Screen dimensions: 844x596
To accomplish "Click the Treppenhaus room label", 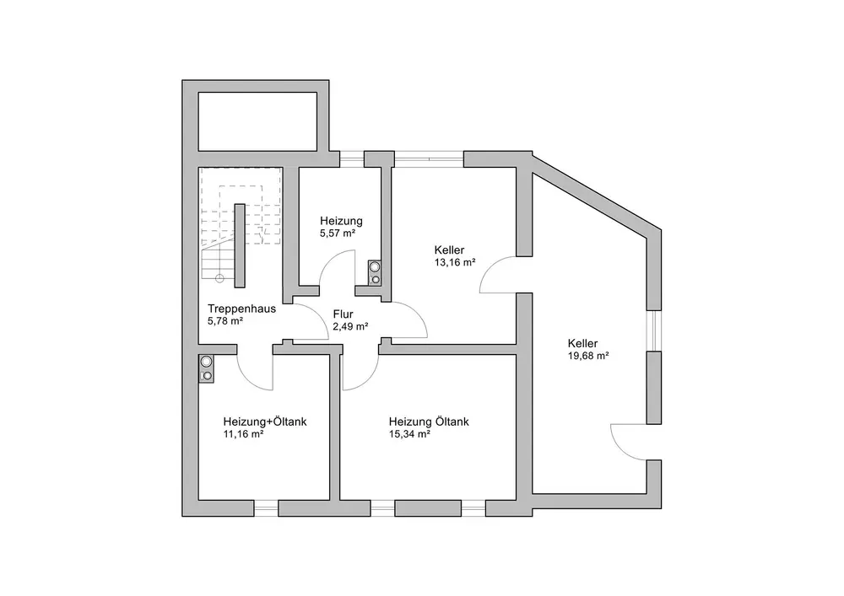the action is point(241,309).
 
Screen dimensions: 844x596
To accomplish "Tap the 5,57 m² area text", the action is point(338,234).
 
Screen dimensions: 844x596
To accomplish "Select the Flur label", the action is point(343,314).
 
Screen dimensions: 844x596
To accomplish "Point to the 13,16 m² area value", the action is point(455,263).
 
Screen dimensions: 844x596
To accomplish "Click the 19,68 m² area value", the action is point(588,356).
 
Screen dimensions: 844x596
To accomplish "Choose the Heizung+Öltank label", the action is point(265,421).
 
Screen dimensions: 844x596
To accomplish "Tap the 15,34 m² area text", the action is point(409,434).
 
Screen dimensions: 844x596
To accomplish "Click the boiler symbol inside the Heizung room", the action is point(375,272).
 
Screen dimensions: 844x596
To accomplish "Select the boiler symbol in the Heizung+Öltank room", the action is point(206,368).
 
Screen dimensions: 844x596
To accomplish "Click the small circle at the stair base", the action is point(219,278).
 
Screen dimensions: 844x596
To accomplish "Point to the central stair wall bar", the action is point(240,245).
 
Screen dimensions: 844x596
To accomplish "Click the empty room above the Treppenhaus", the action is point(257,121).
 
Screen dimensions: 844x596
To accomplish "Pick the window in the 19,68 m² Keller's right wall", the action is point(653,330).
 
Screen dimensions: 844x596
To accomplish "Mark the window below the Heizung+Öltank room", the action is point(266,508).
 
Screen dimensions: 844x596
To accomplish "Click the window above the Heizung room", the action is point(352,159).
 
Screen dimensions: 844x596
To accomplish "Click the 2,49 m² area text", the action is point(350,327).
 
